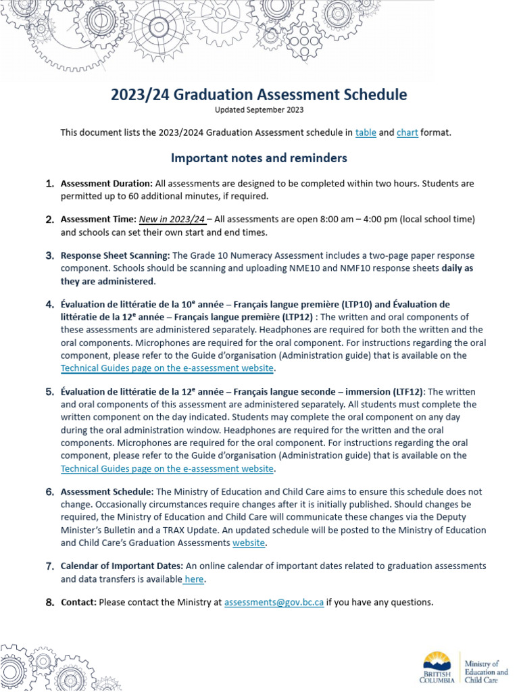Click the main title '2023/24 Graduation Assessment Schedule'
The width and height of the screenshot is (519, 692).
(x=259, y=95)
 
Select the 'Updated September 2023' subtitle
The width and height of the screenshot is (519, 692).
(x=259, y=110)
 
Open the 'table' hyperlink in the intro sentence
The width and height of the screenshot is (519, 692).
(x=366, y=132)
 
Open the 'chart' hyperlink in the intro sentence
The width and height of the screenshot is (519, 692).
(x=407, y=132)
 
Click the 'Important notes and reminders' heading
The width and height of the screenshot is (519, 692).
(x=259, y=158)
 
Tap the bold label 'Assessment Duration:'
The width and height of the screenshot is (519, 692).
(x=107, y=183)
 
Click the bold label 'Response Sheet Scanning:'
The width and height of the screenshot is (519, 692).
(x=116, y=256)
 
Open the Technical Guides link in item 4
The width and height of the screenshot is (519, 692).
(x=167, y=368)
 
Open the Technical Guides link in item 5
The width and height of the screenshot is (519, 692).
(x=167, y=468)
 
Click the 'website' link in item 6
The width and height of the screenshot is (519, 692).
(x=249, y=543)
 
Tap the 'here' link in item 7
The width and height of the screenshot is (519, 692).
(x=195, y=579)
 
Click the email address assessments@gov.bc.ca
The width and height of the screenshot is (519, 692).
(x=274, y=602)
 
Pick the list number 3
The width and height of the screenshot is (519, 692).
(x=50, y=256)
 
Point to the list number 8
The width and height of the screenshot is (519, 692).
(x=50, y=602)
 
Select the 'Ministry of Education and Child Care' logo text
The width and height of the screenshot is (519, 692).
(x=486, y=672)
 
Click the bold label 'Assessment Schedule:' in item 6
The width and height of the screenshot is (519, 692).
(x=107, y=492)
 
